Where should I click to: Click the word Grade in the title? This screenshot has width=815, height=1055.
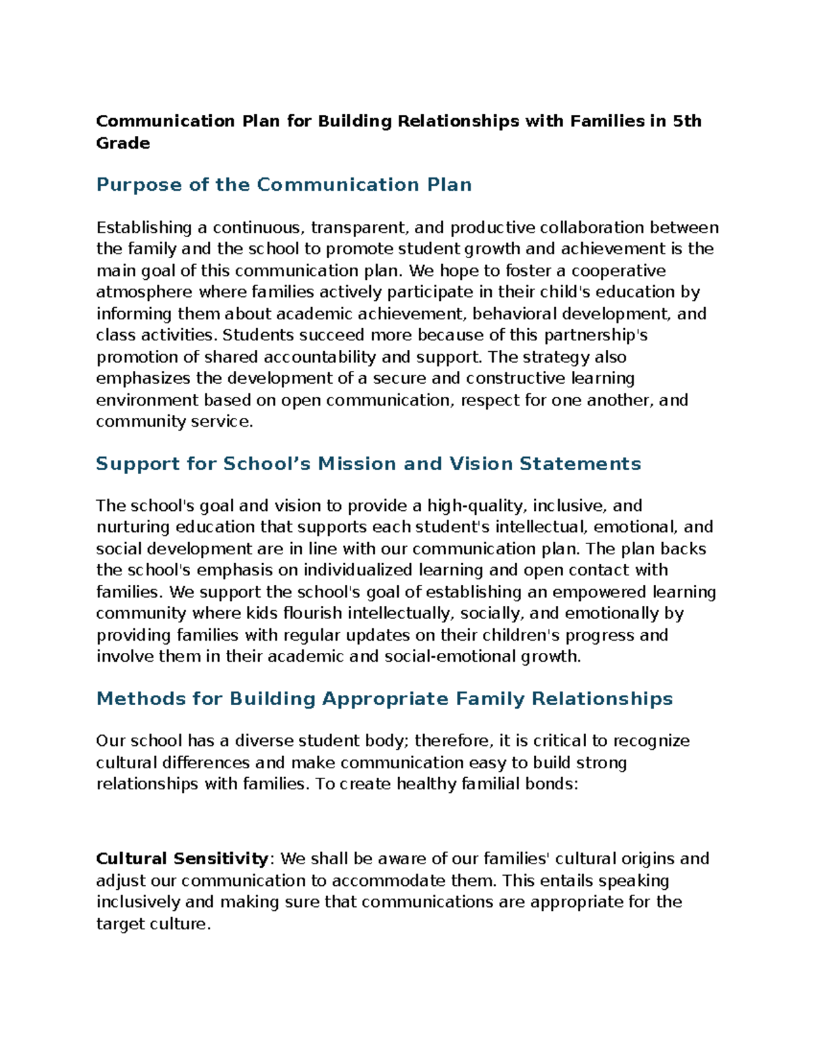[123, 143]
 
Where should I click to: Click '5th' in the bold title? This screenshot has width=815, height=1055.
[687, 122]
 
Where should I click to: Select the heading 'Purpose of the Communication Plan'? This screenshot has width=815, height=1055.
[284, 185]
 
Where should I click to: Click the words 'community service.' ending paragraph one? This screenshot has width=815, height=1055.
[175, 422]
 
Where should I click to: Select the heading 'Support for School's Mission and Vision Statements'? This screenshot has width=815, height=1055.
[368, 464]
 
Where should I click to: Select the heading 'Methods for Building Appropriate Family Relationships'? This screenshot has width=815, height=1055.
[384, 699]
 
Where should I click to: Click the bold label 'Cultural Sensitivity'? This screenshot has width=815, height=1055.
[183, 859]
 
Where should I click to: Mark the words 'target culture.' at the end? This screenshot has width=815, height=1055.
[154, 925]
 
